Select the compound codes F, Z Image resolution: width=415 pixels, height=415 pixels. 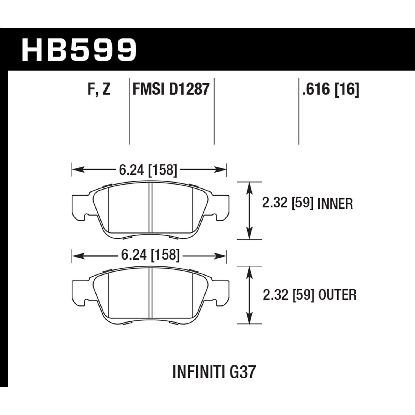tap(99, 89)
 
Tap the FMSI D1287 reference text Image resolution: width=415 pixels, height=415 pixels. tap(171, 89)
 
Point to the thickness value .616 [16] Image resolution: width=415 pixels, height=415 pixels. tap(331, 89)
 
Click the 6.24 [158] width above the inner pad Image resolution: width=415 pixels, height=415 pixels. tap(148, 170)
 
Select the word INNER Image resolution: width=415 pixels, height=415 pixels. tap(335, 204)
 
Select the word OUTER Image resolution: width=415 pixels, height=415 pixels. tap(337, 295)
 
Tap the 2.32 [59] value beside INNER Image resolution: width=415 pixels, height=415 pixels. tap(287, 204)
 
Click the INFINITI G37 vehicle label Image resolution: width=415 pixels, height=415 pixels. tap(214, 372)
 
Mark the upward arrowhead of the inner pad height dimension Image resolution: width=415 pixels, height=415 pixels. tap(250, 188)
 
